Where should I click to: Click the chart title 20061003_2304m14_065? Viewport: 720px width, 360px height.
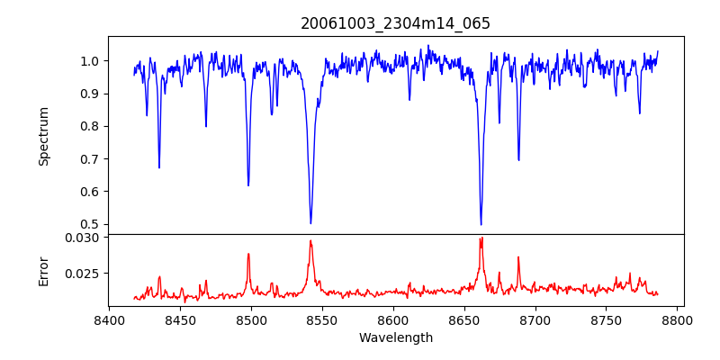395,24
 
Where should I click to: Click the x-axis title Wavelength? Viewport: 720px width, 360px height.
395,337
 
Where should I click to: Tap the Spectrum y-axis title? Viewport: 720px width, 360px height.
44,136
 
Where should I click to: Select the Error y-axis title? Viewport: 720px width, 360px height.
44,270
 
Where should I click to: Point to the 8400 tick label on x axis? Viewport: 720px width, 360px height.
109,319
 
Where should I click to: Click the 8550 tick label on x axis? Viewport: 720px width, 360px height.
322,319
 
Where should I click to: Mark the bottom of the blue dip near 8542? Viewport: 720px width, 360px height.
310,223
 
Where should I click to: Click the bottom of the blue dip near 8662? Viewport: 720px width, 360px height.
481,224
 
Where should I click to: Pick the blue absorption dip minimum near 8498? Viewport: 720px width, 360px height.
248,185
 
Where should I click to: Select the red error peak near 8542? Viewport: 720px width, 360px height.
310,240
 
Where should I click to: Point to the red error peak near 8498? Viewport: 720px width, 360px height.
248,254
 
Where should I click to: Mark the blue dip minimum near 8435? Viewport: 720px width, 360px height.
159,167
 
